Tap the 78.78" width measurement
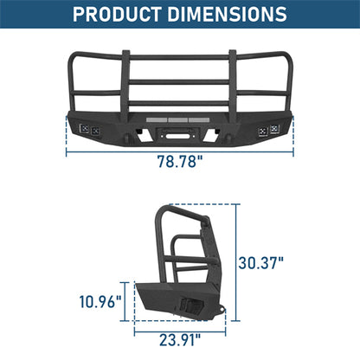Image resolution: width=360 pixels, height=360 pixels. (179, 162)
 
